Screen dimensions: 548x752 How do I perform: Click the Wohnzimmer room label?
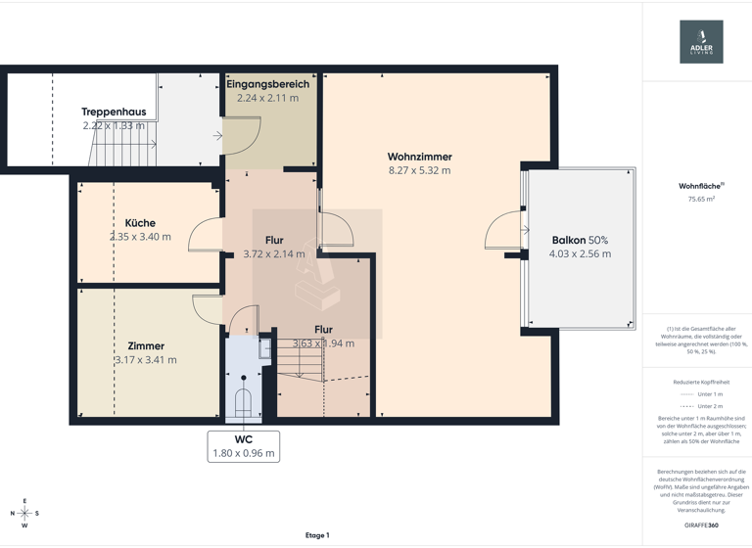419,157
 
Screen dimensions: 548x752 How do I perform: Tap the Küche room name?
140,223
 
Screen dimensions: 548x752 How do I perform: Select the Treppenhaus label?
114,112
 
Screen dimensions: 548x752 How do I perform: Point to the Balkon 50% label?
580,240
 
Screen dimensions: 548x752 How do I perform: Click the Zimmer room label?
146,345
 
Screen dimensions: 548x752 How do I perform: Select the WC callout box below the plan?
244,446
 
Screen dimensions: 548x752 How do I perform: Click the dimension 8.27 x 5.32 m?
419,170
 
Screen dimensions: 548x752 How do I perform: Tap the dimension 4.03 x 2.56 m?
580,253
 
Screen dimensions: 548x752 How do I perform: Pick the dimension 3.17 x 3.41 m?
146,360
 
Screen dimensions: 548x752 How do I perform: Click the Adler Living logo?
701,41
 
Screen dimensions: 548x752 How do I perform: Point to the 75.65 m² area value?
701,199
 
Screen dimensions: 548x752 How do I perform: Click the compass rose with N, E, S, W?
25,513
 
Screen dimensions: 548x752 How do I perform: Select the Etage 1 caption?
317,535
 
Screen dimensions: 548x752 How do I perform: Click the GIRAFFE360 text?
701,525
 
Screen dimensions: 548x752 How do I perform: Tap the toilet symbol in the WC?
243,402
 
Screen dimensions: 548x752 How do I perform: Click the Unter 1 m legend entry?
701,394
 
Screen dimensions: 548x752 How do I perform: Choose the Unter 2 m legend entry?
701,406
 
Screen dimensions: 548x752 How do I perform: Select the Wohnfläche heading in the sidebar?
699,185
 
